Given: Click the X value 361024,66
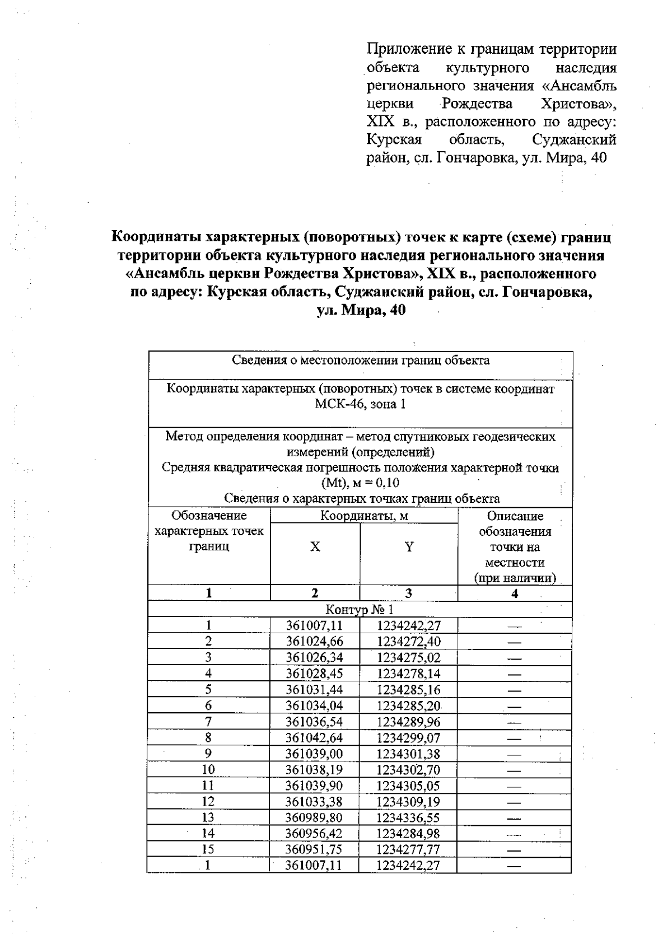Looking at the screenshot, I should point(314,642).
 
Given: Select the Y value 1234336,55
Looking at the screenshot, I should point(408,818).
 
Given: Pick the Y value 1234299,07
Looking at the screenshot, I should point(408,738).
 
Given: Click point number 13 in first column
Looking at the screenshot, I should point(208,818).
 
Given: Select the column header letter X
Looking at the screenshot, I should point(315,547).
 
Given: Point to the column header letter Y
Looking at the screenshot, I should point(409,547).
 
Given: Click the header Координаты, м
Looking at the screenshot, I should point(364,516).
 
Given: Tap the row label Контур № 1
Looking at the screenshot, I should point(360,610).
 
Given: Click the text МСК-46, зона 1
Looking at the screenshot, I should point(360,404).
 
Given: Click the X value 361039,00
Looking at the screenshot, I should point(314,754).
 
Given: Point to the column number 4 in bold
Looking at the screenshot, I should point(514,593).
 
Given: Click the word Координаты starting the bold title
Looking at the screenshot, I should point(156,237).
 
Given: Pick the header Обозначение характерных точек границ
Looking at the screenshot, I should point(209,531).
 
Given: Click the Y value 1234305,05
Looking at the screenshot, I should point(408,786).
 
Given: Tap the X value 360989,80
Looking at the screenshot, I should point(314,818).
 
